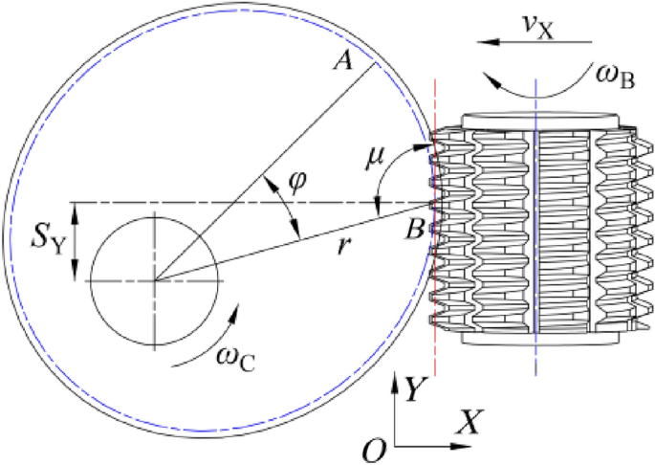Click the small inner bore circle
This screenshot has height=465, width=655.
click(155, 279)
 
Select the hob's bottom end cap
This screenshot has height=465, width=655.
click(535, 339)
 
